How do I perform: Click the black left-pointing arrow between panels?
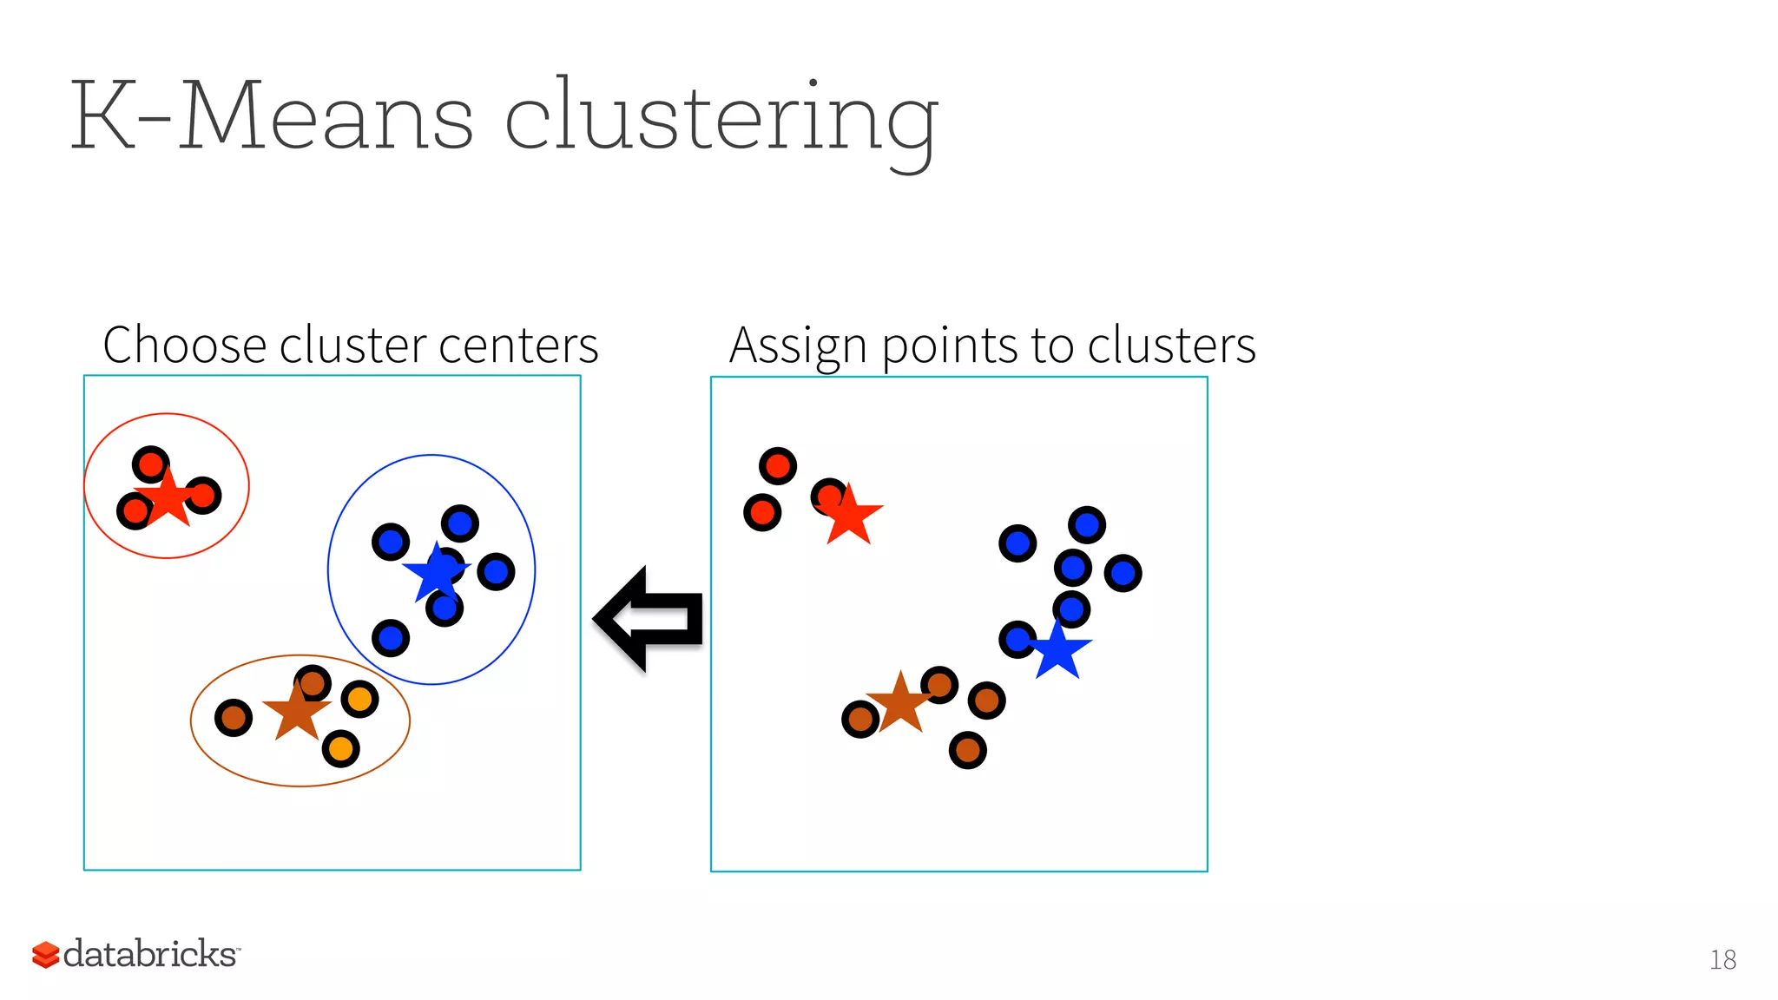649,619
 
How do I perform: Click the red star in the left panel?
168,499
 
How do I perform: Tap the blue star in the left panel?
437,572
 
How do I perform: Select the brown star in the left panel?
297,711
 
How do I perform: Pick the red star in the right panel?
849,516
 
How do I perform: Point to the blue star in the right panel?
1058,650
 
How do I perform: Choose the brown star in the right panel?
900,702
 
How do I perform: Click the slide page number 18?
1722,959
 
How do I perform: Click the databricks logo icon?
45,954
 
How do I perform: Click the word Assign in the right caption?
798,345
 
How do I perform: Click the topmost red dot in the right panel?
778,466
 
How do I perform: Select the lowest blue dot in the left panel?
391,639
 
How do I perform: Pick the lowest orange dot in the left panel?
340,748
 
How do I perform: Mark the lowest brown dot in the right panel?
968,750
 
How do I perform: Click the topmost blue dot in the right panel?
1087,525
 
